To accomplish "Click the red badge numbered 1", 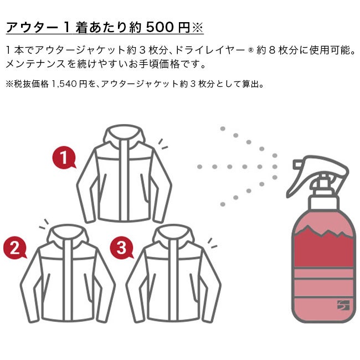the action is click(x=64, y=157).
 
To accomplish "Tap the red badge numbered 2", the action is click(x=15, y=248).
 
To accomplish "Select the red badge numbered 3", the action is click(x=121, y=248).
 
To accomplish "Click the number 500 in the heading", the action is click(x=160, y=27).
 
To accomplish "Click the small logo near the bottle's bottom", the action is click(x=343, y=305).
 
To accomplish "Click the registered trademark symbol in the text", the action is click(x=250, y=51).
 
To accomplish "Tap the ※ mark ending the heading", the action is click(x=198, y=28).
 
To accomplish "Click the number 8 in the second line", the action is click(x=272, y=50).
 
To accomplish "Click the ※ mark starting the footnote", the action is click(x=9, y=84).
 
